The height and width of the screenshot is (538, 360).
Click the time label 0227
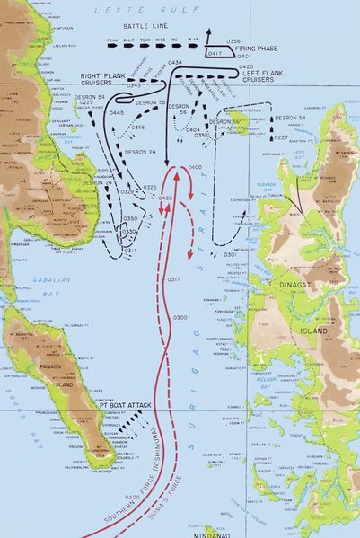[x=281, y=137]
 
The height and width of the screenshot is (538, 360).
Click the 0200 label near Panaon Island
[x=132, y=497]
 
